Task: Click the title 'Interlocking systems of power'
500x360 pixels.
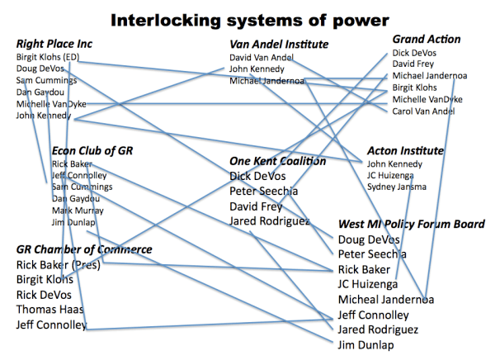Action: pyautogui.click(x=249, y=18)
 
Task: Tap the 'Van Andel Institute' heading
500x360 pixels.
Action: pyautogui.click(x=279, y=44)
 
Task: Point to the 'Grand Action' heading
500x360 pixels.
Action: pyautogui.click(x=426, y=39)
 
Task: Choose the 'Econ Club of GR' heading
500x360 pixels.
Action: pyautogui.click(x=92, y=150)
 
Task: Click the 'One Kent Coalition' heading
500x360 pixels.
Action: pyautogui.click(x=277, y=161)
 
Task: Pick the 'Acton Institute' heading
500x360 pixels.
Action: pyautogui.click(x=405, y=151)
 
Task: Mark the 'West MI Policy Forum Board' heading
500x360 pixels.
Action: pyautogui.click(x=410, y=224)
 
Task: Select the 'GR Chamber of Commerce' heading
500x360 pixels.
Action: pyautogui.click(x=84, y=249)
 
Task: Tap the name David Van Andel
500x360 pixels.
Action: pyautogui.click(x=262, y=57)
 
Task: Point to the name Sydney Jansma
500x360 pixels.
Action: pyautogui.click(x=397, y=187)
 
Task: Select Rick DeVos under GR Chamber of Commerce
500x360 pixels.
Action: pyautogui.click(x=44, y=295)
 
